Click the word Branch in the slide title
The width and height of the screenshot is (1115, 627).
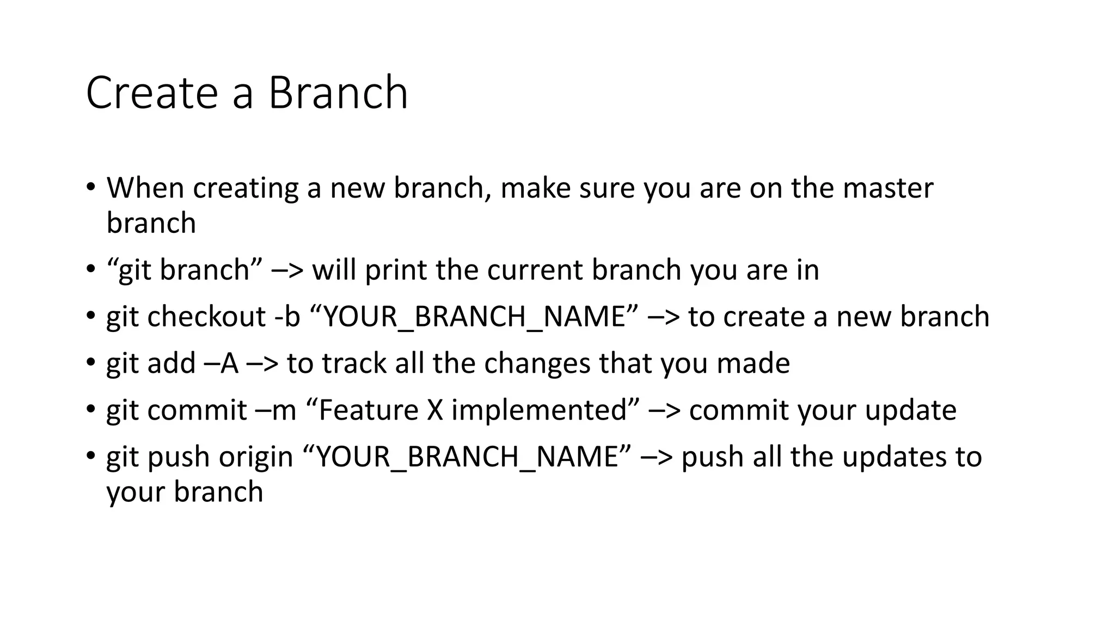coord(338,93)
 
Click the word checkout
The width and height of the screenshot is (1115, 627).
coord(206,317)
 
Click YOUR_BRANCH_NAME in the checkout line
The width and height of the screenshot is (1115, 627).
coord(474,317)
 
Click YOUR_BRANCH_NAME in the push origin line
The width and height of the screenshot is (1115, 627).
coord(467,457)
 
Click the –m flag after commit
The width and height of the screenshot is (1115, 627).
coord(275,410)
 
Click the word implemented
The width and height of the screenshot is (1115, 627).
coord(539,410)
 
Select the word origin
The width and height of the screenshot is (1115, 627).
coord(256,457)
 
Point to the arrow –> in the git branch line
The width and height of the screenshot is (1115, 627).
coord(287,271)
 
